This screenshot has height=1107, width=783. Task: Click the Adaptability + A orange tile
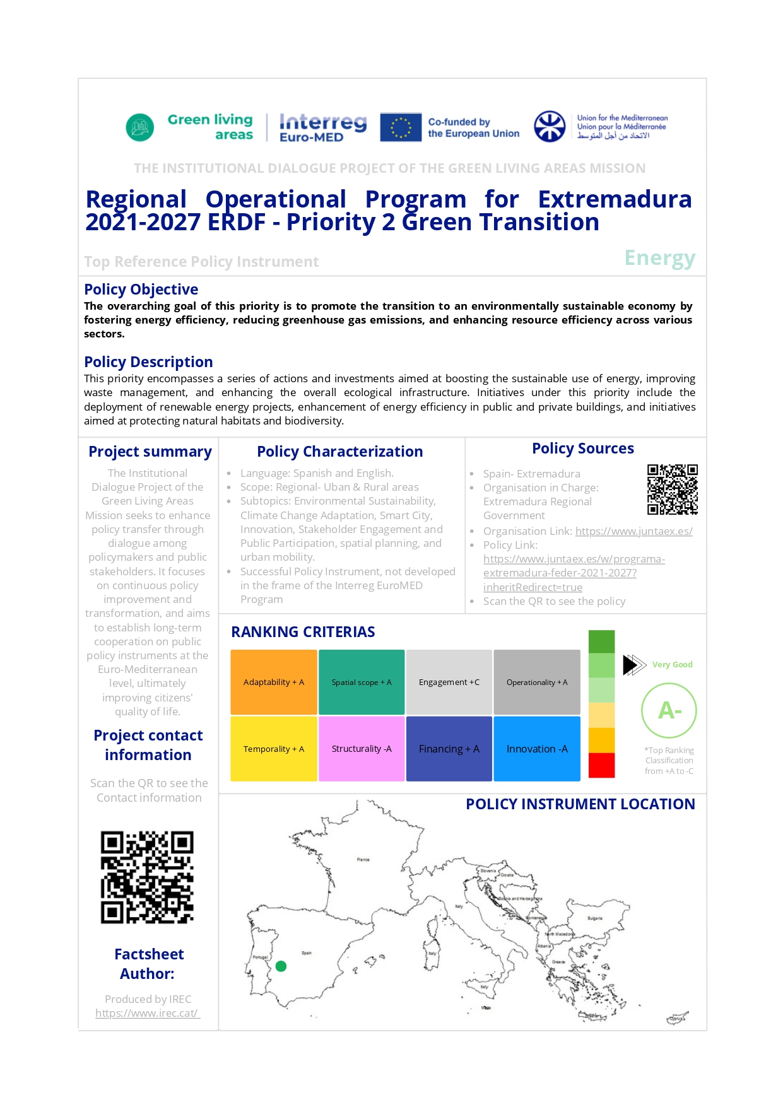274,682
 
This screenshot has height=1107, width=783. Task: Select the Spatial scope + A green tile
362,682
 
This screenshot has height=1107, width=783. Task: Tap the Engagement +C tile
449,682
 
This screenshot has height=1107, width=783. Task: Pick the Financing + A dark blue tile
449,749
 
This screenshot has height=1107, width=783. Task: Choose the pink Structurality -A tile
362,749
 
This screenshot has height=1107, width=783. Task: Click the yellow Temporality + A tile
274,749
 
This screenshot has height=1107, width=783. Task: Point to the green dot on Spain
281,966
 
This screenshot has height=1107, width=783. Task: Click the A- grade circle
669,710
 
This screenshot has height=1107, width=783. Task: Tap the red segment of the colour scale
601,765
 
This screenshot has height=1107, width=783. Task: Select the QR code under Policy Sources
672,489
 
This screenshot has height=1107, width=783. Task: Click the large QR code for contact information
147,877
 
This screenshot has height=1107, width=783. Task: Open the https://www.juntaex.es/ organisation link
633,531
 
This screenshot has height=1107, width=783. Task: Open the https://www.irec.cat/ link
147,1013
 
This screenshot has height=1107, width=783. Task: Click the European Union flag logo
401,127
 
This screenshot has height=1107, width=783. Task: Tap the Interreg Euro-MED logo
322,127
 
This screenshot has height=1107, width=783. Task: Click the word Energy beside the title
659,258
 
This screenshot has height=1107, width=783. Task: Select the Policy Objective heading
141,290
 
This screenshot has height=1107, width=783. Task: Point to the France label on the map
363,859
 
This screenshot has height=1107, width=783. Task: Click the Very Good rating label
672,664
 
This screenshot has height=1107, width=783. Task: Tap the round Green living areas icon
140,127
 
